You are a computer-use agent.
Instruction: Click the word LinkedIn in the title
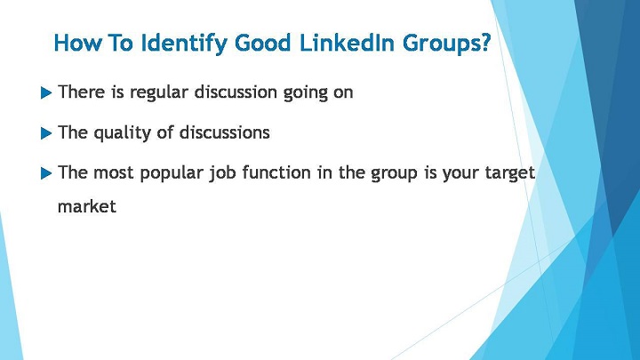(x=347, y=43)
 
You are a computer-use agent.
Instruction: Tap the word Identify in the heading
(x=183, y=44)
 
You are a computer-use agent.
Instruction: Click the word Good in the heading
(x=263, y=43)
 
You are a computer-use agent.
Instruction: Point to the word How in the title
(x=77, y=43)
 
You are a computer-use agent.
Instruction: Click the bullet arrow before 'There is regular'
(x=46, y=93)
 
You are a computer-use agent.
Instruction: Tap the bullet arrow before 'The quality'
(x=46, y=133)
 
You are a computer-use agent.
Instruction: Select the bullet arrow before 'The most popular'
(x=46, y=173)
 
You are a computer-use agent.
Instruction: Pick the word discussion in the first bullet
(x=236, y=92)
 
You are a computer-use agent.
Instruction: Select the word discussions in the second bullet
(x=225, y=132)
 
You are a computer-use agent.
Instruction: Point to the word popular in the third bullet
(x=172, y=173)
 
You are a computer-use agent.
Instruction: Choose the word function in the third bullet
(x=276, y=172)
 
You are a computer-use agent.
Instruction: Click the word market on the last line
(x=87, y=206)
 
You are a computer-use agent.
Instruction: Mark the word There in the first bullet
(x=82, y=92)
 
